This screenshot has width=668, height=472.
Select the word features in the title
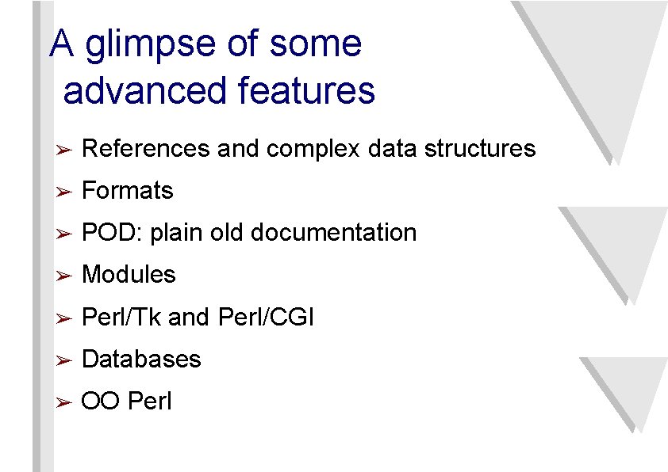coord(306,90)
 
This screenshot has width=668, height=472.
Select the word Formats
coord(128,191)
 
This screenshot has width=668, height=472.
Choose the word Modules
coord(129,275)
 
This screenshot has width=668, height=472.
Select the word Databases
coord(141,360)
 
